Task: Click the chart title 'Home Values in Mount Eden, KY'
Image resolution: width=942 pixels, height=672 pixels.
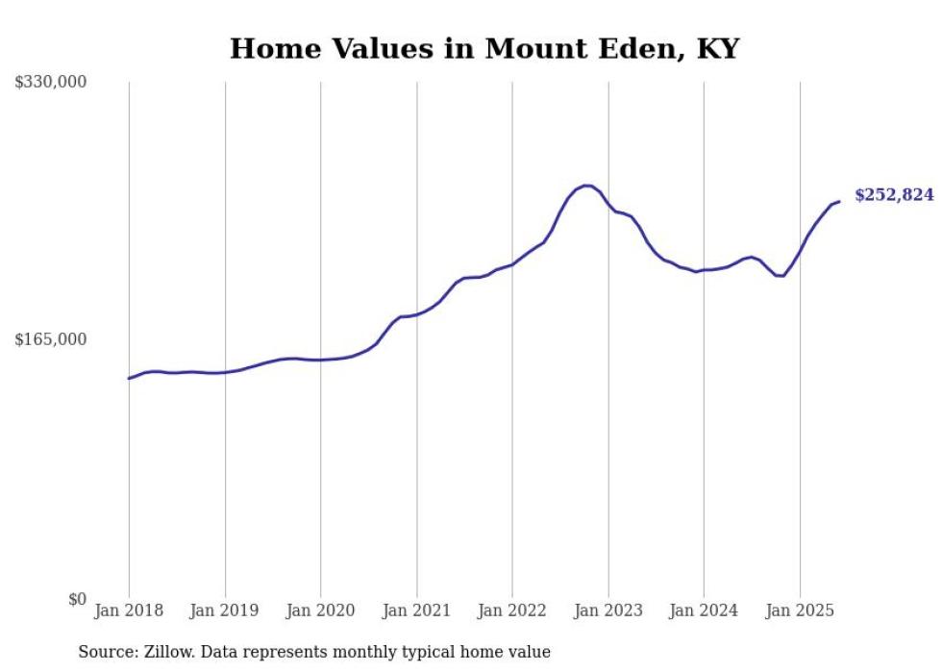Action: [484, 48]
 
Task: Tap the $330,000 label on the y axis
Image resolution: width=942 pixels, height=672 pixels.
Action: [51, 83]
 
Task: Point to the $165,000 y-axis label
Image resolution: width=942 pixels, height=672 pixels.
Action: [51, 339]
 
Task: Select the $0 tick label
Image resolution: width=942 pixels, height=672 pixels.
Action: [77, 599]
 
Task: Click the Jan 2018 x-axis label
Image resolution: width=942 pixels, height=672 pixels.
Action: [129, 610]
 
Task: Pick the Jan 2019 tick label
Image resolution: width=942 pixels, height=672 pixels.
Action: [225, 610]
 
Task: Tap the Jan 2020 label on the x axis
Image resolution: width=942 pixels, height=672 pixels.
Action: [320, 610]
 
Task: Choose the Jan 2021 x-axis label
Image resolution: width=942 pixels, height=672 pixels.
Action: [416, 610]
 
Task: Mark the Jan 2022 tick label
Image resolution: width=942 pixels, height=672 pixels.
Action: [512, 610]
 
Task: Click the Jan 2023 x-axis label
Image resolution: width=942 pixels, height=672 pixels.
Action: [607, 610]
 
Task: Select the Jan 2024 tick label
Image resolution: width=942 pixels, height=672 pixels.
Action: [704, 610]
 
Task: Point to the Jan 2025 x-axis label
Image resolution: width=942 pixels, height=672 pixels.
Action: [800, 610]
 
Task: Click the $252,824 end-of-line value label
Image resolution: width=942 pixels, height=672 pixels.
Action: [894, 195]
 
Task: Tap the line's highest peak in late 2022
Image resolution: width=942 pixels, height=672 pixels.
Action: [585, 186]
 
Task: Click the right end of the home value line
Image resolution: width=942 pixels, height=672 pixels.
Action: [839, 201]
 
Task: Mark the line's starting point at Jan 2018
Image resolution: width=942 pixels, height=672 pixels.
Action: [129, 378]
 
